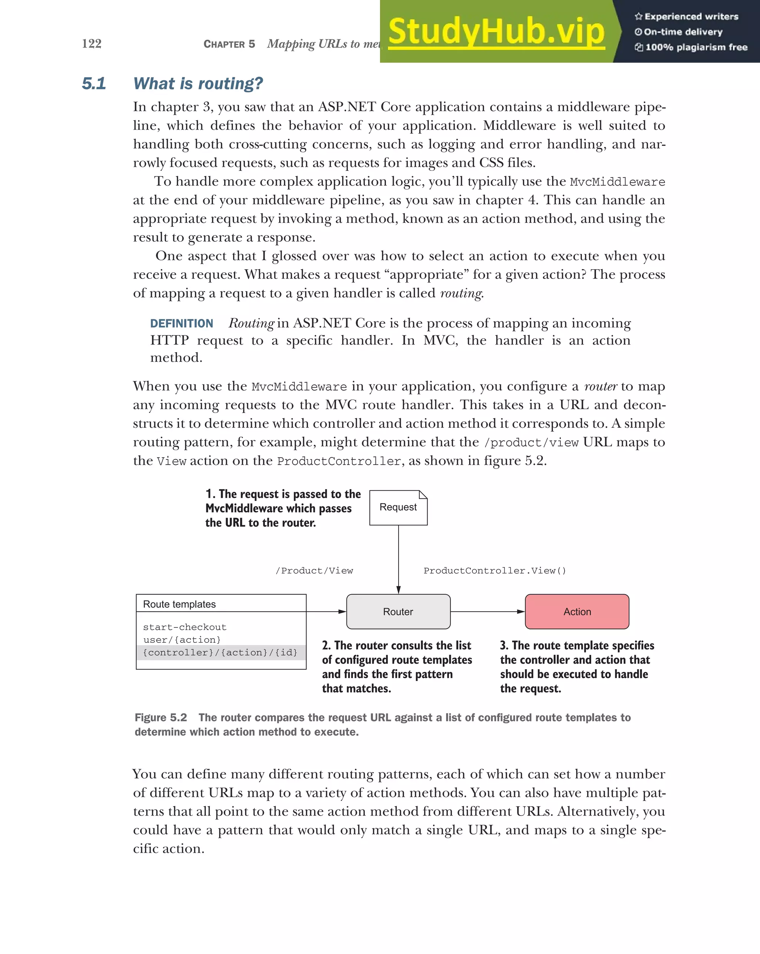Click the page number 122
pyautogui.click(x=92, y=43)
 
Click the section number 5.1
pyautogui.click(x=94, y=84)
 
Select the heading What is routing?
pyautogui.click(x=198, y=84)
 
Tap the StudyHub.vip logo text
pyautogui.click(x=496, y=32)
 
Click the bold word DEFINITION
pyautogui.click(x=181, y=323)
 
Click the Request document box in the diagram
pyautogui.click(x=398, y=508)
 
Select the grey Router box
pyautogui.click(x=398, y=612)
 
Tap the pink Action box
pyautogui.click(x=577, y=612)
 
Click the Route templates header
pyautogui.click(x=180, y=604)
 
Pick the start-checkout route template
pyautogui.click(x=184, y=627)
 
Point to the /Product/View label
pyautogui.click(x=314, y=571)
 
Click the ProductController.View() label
pyautogui.click(x=494, y=571)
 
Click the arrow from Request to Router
pyautogui.click(x=398, y=560)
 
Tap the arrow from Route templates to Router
pyautogui.click(x=326, y=612)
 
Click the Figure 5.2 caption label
pyautogui.click(x=160, y=718)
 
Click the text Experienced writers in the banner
pyautogui.click(x=691, y=17)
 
